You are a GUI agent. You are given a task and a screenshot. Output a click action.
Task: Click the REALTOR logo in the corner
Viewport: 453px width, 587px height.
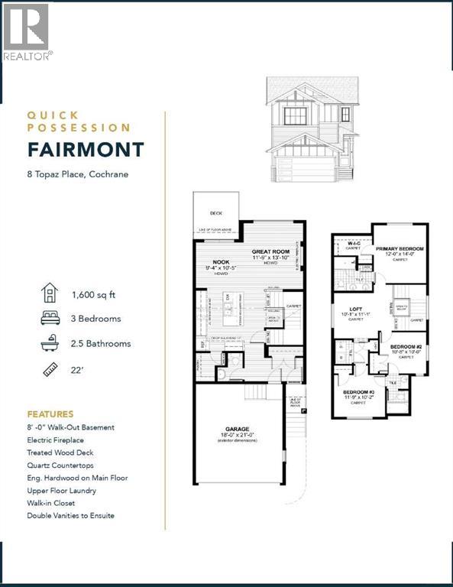27,31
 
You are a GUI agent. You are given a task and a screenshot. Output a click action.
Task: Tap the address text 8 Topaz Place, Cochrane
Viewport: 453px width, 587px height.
77,174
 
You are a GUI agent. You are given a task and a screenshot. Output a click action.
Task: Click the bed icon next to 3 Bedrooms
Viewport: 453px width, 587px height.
50,318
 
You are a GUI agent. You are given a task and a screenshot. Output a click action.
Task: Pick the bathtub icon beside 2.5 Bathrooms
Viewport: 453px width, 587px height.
50,344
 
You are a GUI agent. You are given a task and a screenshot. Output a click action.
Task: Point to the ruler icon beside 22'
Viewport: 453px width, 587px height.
50,371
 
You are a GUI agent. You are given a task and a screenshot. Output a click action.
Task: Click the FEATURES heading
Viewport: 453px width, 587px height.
50,413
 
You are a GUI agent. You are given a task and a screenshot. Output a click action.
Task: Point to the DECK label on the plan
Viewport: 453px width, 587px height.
216,214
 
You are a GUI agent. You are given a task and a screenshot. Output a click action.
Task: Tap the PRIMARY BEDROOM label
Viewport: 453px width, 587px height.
400,249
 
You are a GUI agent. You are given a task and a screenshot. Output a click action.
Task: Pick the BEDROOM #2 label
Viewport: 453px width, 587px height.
406,346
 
